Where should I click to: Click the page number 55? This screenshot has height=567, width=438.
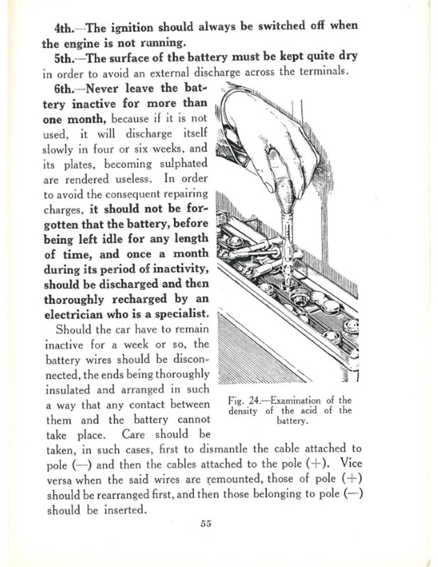pyautogui.click(x=205, y=524)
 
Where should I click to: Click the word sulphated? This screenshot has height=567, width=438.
pyautogui.click(x=184, y=164)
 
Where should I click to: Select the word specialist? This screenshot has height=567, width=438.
pyautogui.click(x=181, y=314)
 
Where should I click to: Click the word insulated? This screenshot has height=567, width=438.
pyautogui.click(x=68, y=390)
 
